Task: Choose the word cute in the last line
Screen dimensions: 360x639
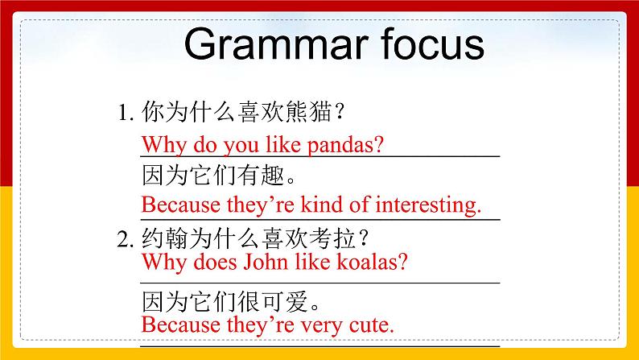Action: (x=367, y=325)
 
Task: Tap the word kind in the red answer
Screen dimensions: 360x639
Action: (x=298, y=205)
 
